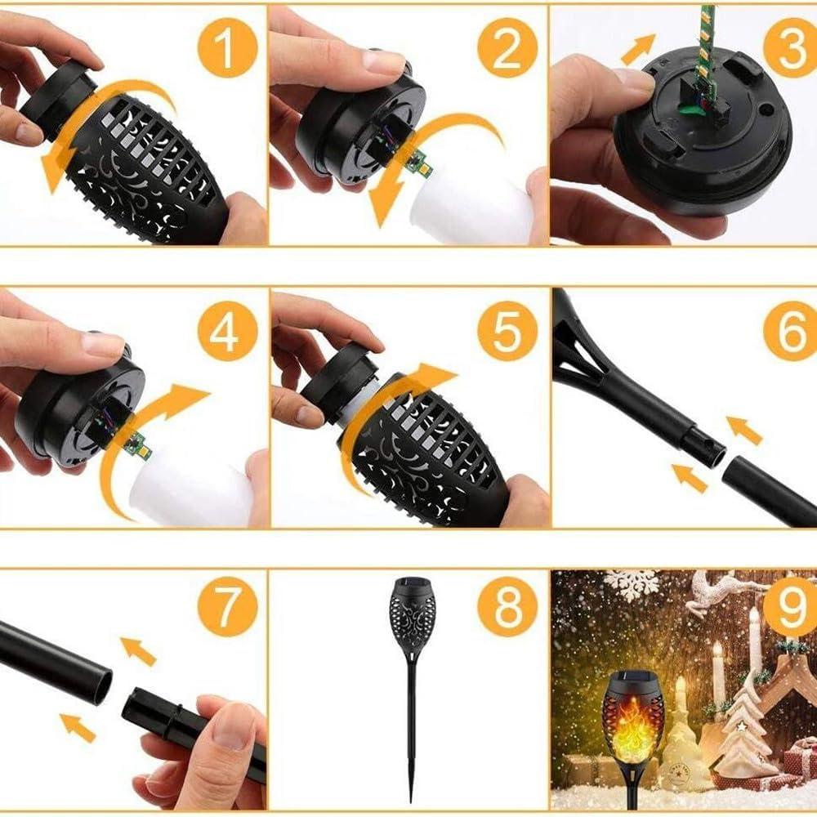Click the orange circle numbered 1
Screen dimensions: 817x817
[227, 48]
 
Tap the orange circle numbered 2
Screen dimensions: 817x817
[507, 48]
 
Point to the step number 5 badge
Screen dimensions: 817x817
[507, 331]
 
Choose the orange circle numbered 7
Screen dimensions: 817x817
[227, 606]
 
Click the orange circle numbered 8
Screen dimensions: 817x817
[507, 606]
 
